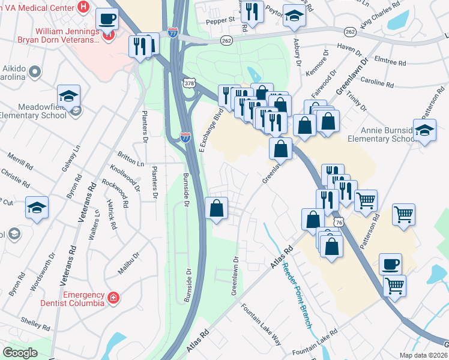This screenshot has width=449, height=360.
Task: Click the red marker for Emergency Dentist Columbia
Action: [113, 298]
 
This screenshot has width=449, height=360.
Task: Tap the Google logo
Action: [20, 353]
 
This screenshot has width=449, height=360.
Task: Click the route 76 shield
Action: [339, 222]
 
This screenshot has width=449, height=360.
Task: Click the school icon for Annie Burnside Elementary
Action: [424, 130]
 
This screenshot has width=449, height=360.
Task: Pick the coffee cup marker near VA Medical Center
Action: [107, 19]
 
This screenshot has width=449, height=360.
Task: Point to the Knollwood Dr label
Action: [124, 179]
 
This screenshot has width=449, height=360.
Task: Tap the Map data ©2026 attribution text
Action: [423, 355]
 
